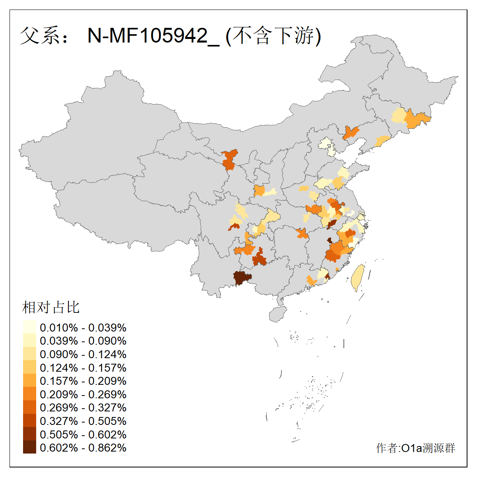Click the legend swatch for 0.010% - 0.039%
(29, 327)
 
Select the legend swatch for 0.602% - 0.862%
(29, 448)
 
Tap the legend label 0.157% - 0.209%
(83, 381)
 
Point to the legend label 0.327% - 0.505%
(83, 421)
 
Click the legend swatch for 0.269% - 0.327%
(29, 407)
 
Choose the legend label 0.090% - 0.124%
(83, 354)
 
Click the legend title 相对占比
(51, 307)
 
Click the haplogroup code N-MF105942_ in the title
(153, 36)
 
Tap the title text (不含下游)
(273, 36)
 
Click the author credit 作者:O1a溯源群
(415, 448)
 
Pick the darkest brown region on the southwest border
(242, 278)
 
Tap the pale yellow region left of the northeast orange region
(398, 116)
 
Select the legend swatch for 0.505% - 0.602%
(29, 434)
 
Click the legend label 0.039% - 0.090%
(83, 341)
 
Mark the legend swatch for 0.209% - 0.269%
(29, 394)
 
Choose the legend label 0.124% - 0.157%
(83, 368)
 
